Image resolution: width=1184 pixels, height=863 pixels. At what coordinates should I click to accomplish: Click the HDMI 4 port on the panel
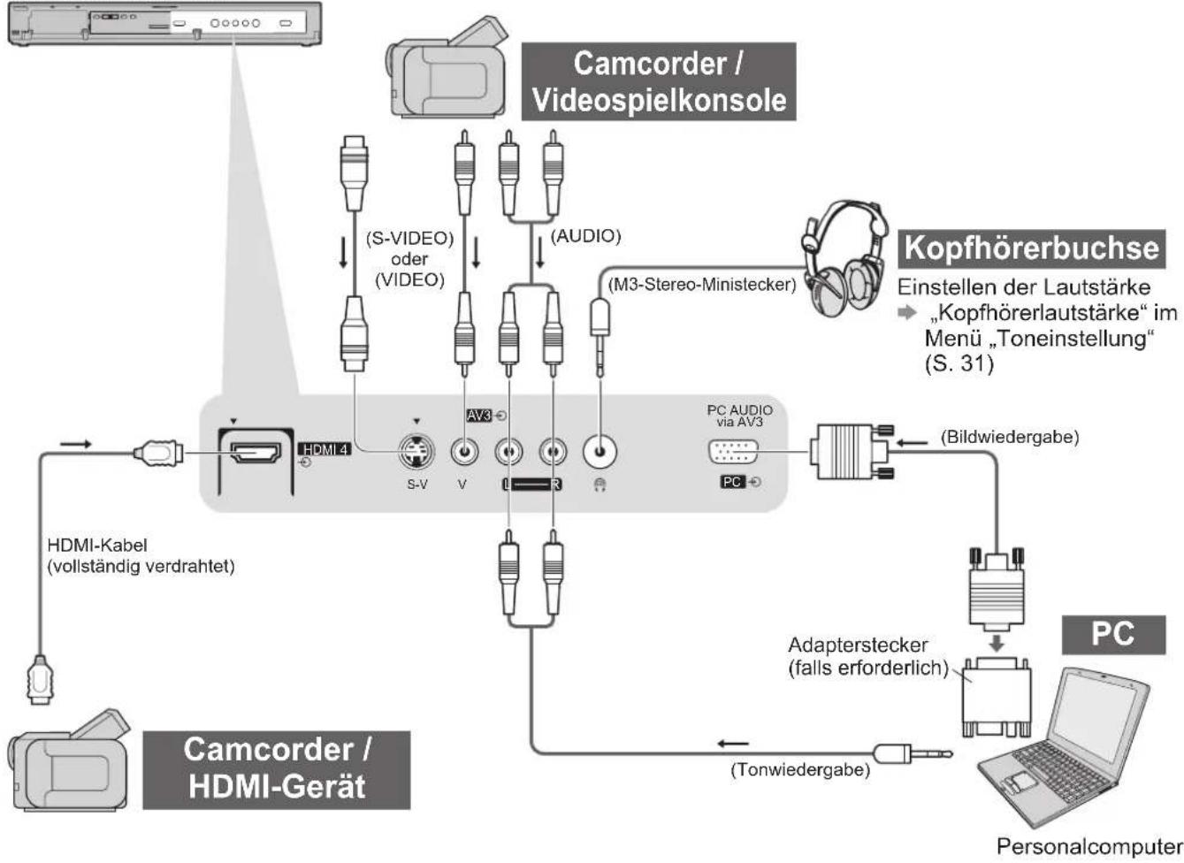256,453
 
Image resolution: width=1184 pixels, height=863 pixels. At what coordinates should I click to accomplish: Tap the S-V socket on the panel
416,453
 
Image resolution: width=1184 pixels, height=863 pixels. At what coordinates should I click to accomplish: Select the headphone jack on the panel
600,452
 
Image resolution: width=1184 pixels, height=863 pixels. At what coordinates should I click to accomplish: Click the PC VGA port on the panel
732,453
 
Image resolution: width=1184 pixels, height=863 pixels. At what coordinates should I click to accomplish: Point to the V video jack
464,453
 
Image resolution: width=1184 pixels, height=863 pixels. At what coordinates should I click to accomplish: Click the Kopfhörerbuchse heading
1031,248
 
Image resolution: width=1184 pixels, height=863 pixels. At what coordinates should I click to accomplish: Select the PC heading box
1113,635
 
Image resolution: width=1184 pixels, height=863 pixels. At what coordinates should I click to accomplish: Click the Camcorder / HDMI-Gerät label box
277,770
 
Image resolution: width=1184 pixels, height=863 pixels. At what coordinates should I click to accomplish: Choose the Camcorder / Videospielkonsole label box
659,82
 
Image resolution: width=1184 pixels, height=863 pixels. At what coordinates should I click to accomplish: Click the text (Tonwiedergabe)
800,769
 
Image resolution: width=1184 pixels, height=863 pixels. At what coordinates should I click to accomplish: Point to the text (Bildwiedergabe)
1010,437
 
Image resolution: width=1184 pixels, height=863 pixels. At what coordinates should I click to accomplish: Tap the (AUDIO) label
585,236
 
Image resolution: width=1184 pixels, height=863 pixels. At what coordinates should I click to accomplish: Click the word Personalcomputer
1089,846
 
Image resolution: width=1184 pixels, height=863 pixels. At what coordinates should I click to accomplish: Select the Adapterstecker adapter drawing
996,697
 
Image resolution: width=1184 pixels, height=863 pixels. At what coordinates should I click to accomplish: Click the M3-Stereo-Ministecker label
702,285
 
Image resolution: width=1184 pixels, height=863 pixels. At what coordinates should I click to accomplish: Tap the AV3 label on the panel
479,416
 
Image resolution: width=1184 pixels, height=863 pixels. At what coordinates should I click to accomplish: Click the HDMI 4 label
325,450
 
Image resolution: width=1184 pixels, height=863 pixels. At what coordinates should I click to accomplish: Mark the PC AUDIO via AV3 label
739,416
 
